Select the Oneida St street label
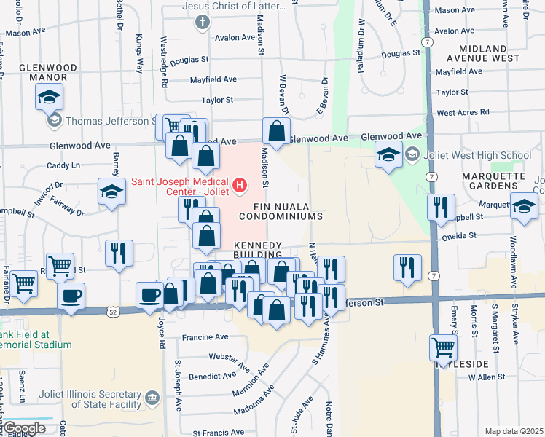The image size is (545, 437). click(x=458, y=236)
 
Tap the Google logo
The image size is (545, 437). click(x=23, y=428)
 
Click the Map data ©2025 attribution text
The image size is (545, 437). click(x=513, y=431)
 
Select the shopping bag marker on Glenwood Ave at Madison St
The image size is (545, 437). click(x=276, y=131)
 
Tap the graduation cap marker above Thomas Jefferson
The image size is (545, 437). click(x=50, y=96)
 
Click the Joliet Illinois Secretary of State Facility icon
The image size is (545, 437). click(x=152, y=398)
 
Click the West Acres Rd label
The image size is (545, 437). click(x=463, y=113)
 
